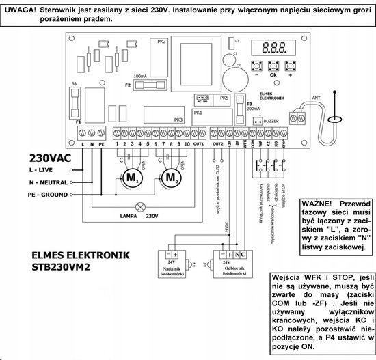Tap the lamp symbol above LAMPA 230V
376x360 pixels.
tap(140, 205)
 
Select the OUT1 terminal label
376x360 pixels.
tap(198, 145)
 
